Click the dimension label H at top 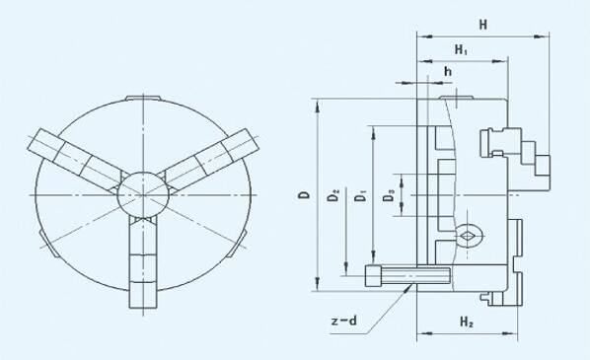483,25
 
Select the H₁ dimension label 461,49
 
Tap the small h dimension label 447,71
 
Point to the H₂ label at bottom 467,322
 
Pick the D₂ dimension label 333,195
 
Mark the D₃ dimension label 389,195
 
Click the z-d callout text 344,321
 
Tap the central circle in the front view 143,195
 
